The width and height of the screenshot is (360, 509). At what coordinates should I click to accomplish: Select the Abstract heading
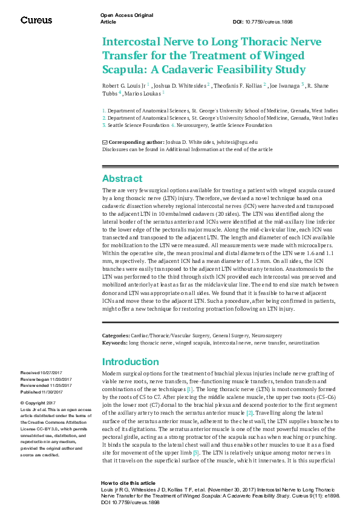point(122,178)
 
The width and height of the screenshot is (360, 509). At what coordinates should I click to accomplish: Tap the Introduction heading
point(131,361)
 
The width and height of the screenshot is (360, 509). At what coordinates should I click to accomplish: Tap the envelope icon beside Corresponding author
point(105,141)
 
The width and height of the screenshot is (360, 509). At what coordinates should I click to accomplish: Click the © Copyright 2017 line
point(38,403)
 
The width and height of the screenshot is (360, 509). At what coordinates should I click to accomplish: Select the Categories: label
point(115,334)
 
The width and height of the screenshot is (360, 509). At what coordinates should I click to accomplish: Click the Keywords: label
point(114,342)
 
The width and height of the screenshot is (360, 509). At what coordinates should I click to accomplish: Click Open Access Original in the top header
point(126,15)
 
